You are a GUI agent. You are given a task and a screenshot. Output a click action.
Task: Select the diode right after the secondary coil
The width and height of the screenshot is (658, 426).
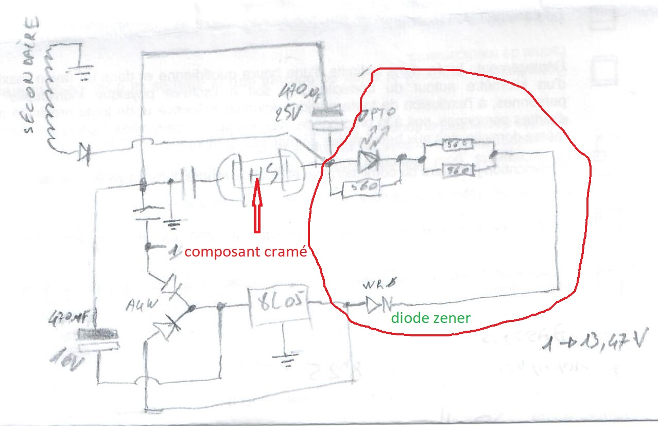click(84, 151)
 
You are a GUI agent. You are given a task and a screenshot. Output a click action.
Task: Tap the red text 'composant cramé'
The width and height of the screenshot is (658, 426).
click(246, 253)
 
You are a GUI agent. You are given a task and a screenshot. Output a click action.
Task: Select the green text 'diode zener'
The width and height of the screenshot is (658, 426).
click(430, 318)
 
